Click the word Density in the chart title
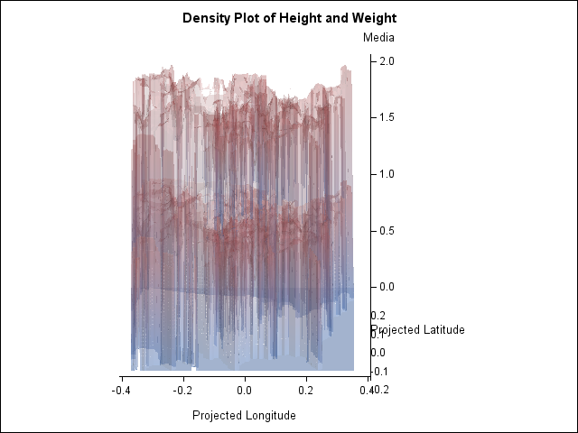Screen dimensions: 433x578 click(x=207, y=18)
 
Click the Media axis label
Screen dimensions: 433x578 click(x=378, y=38)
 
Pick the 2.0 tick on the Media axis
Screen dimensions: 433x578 click(x=387, y=60)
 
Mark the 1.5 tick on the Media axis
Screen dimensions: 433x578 click(x=387, y=117)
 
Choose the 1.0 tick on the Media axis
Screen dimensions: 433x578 click(x=387, y=173)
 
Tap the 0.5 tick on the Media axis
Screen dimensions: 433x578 click(x=387, y=230)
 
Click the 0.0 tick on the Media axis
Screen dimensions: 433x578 click(x=387, y=286)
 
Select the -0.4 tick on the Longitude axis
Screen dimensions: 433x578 click(x=121, y=390)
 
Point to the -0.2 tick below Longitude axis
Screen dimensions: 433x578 click(x=182, y=390)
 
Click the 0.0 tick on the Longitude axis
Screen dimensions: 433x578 click(x=244, y=390)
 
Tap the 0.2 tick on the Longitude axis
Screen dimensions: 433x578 click(x=305, y=390)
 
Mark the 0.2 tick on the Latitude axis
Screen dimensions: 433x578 click(x=378, y=316)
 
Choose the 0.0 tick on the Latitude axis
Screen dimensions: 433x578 click(x=378, y=353)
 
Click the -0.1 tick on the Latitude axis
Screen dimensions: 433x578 click(x=378, y=371)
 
